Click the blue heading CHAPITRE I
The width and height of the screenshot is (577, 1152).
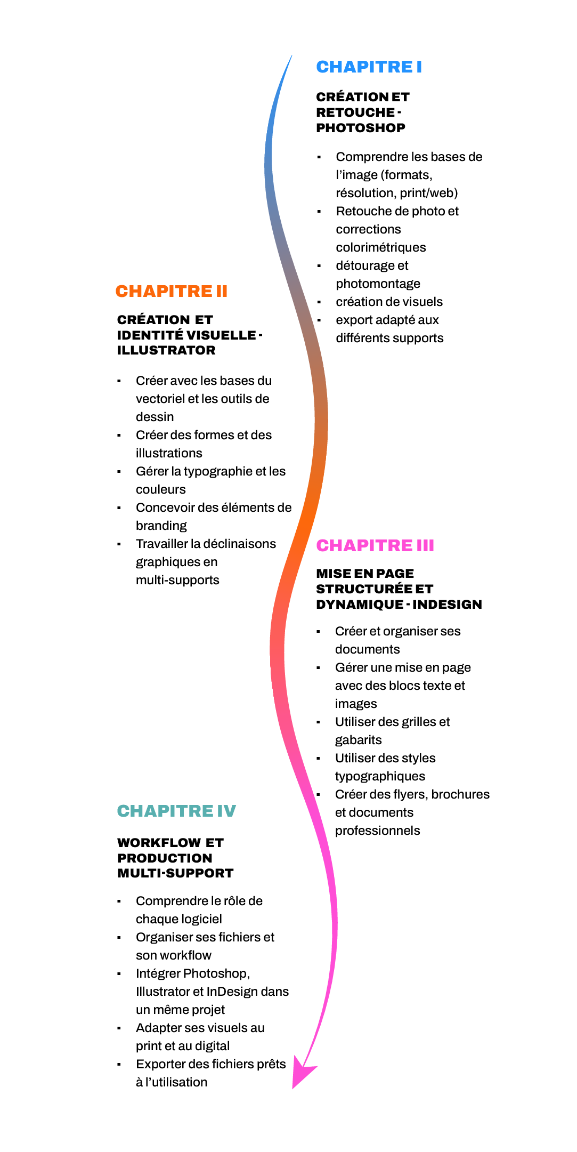369,67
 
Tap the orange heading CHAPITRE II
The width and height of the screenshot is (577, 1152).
172,291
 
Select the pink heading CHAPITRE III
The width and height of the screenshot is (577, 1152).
375,545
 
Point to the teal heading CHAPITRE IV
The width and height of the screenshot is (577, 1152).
176,811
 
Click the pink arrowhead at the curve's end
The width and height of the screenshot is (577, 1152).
303,1075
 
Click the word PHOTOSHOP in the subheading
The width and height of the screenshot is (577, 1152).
361,128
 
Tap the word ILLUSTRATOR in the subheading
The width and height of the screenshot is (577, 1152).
166,350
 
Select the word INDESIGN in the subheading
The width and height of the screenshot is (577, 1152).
447,605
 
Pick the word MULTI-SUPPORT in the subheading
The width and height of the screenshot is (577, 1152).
175,873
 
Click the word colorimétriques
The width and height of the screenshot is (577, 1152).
381,247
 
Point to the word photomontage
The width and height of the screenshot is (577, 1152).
378,284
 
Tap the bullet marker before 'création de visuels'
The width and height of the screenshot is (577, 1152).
319,302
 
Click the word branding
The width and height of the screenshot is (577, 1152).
161,526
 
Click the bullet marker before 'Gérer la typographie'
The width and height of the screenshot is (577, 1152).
119,472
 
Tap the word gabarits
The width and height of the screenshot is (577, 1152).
358,740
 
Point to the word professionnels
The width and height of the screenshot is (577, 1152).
377,831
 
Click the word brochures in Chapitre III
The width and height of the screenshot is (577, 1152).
460,794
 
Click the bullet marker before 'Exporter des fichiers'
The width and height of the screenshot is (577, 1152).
119,1065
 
